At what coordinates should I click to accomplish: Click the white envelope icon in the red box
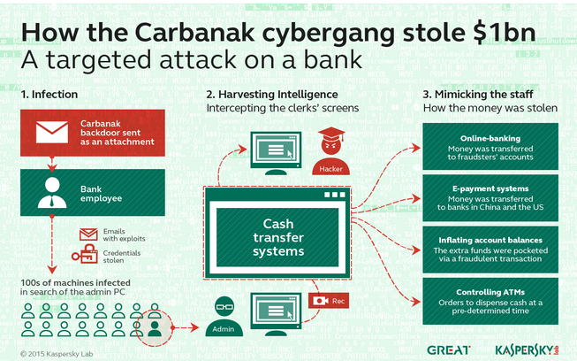point(50,131)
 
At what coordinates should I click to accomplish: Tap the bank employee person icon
point(50,192)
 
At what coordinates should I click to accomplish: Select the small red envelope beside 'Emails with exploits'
point(88,234)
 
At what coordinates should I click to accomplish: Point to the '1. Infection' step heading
point(49,93)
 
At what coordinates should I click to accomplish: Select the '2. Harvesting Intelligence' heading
point(270,94)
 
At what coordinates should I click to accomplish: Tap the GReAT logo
point(449,348)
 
